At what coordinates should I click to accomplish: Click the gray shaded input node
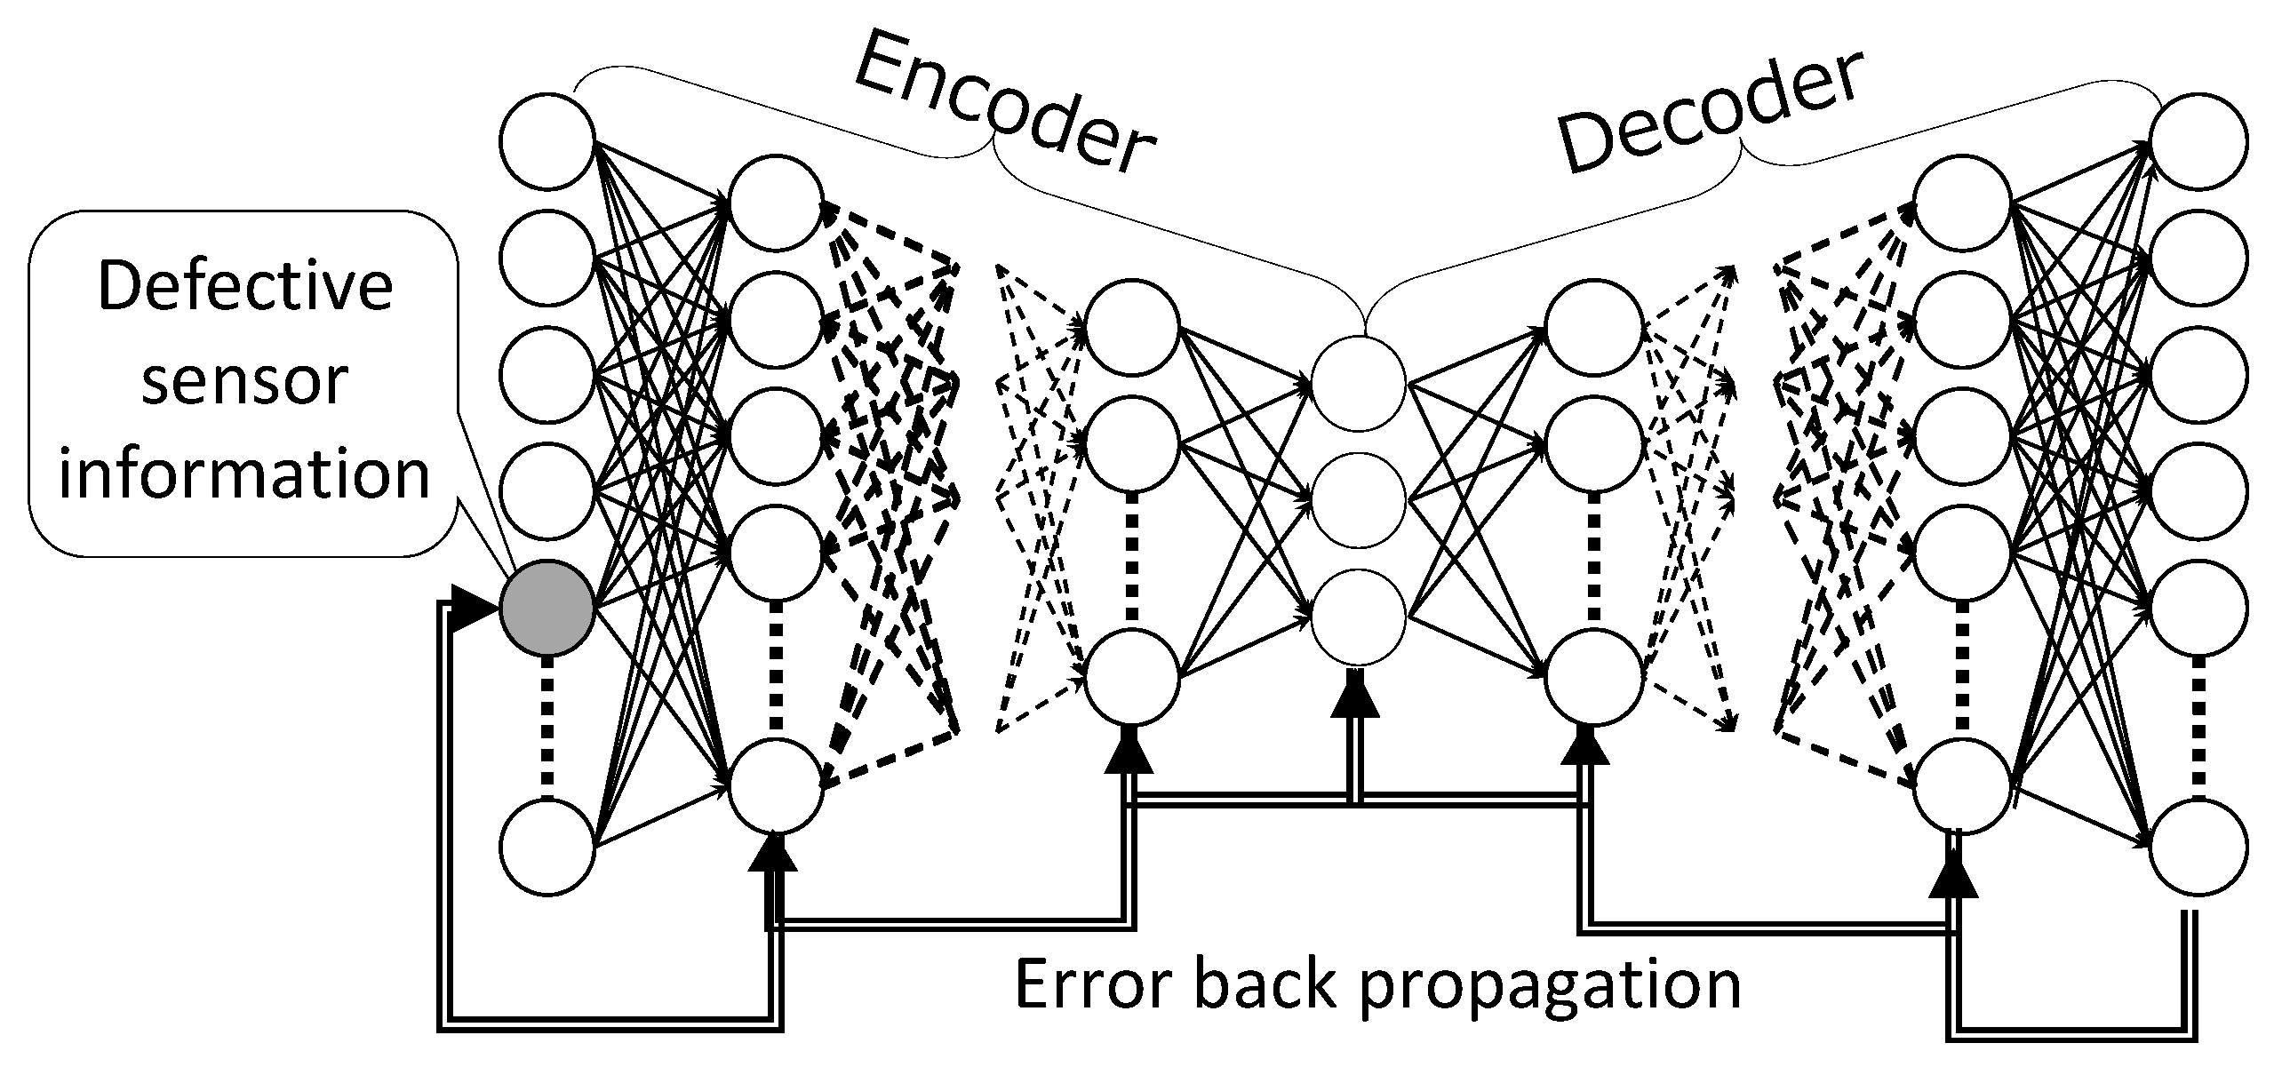coord(546,606)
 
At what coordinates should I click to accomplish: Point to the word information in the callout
coord(243,474)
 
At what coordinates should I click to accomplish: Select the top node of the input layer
coord(546,140)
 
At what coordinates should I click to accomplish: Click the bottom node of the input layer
coord(546,846)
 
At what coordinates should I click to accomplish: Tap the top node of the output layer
coord(2198,140)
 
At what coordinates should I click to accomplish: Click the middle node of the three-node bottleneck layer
coord(1358,499)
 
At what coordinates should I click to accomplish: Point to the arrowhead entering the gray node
coord(473,607)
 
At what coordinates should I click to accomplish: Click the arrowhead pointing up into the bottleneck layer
coord(1354,697)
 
